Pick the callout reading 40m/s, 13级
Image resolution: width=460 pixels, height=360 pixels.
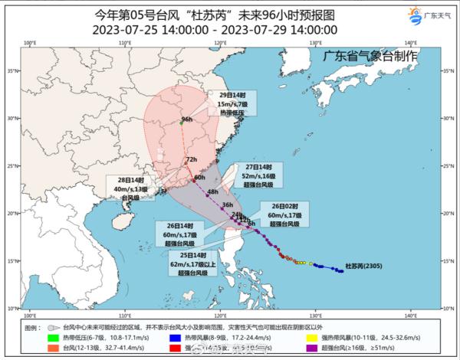pyautogui.click(x=125, y=188)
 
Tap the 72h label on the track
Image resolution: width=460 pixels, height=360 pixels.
pyautogui.click(x=192, y=159)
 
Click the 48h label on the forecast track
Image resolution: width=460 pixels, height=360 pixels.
pyautogui.click(x=212, y=191)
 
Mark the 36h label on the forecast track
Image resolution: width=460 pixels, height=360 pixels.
pyautogui.click(x=227, y=205)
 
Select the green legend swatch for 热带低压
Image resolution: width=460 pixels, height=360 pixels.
pyautogui.click(x=53, y=338)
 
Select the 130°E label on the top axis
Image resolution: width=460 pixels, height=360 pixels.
pyautogui.click(x=315, y=43)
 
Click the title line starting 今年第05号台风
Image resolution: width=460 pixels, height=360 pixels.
pyautogui.click(x=216, y=13)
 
